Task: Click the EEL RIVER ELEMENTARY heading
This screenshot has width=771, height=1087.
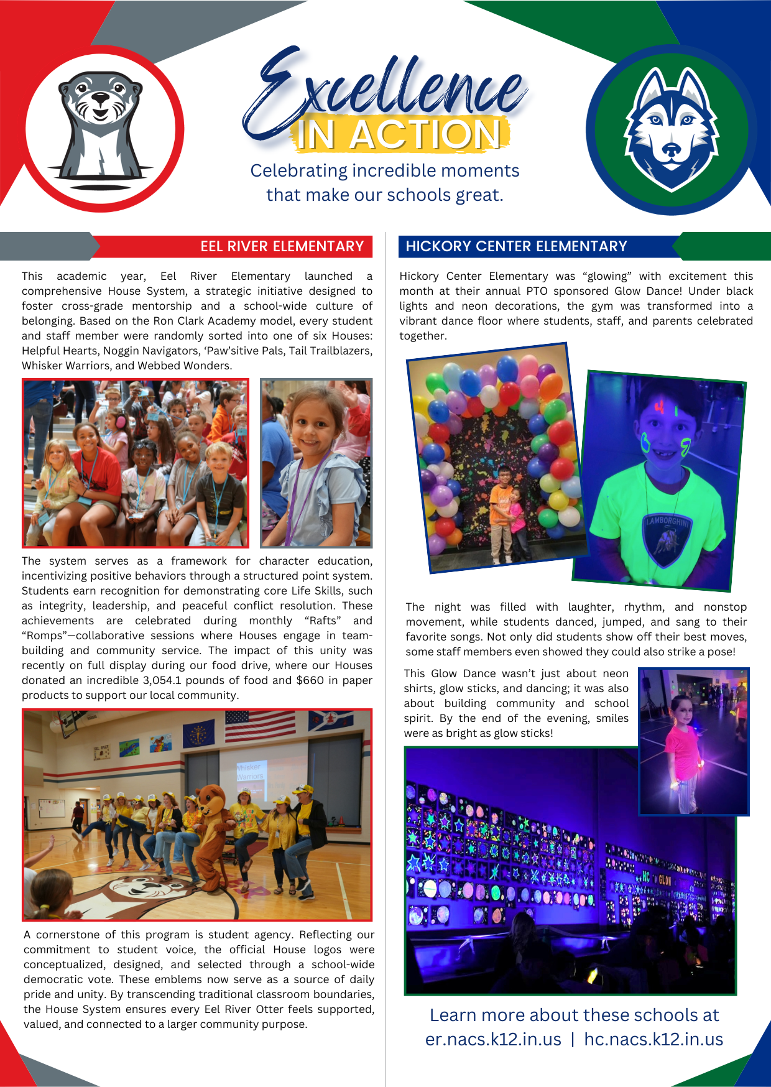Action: (282, 246)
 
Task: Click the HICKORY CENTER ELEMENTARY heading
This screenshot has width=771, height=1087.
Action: (516, 246)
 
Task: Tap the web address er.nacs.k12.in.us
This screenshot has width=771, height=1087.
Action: (493, 1039)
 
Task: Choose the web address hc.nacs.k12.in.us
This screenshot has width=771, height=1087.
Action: (653, 1039)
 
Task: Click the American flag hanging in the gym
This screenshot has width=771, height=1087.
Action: (260, 725)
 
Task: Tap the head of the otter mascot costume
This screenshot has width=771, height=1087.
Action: (210, 799)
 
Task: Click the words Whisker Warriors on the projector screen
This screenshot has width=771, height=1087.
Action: (250, 772)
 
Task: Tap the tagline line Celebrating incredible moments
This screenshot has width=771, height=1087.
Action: (385, 170)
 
